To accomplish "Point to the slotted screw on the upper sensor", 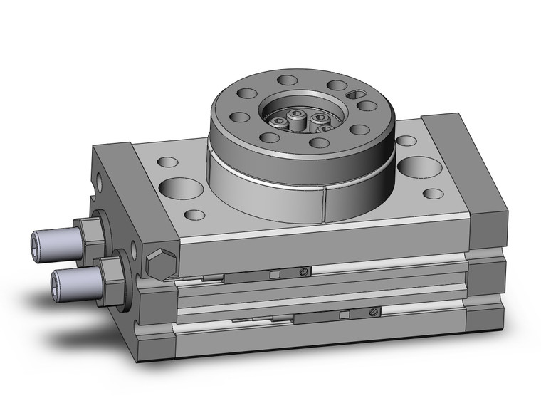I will coord(304,271).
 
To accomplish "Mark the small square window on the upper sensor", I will coord(274,274).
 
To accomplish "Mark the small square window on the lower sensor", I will coord(344,315).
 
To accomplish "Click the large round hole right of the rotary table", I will coord(419,168).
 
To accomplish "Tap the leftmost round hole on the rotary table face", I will coord(241,117).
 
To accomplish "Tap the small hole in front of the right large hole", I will coord(433,193).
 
